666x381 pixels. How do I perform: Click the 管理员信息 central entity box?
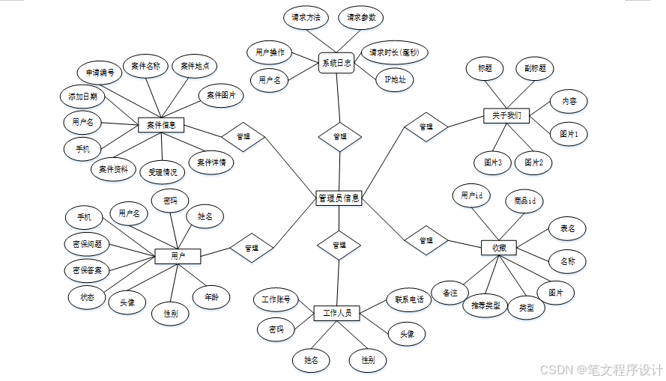[x=339, y=198]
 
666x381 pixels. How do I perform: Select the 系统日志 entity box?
[x=336, y=63]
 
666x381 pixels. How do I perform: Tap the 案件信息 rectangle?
[x=161, y=125]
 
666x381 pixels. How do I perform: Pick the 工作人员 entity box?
[x=337, y=313]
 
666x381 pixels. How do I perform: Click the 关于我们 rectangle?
[x=506, y=116]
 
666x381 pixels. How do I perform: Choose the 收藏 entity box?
[x=498, y=248]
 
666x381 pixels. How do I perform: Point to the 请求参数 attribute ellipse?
[x=360, y=17]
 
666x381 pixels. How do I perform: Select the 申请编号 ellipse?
[x=100, y=73]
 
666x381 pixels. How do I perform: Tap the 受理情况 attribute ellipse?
[x=163, y=172]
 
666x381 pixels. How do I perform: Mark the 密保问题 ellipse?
[x=87, y=244]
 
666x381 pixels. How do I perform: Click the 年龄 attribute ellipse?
[x=211, y=296]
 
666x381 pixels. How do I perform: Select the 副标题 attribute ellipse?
[x=534, y=69]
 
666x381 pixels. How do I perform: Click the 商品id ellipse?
[x=524, y=201]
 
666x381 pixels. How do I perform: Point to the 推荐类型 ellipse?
[x=485, y=305]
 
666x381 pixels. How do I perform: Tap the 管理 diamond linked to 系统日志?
[x=339, y=136]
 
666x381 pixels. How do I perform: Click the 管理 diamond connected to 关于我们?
[x=426, y=127]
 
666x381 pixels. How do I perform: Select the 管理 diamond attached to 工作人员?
[x=339, y=245]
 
